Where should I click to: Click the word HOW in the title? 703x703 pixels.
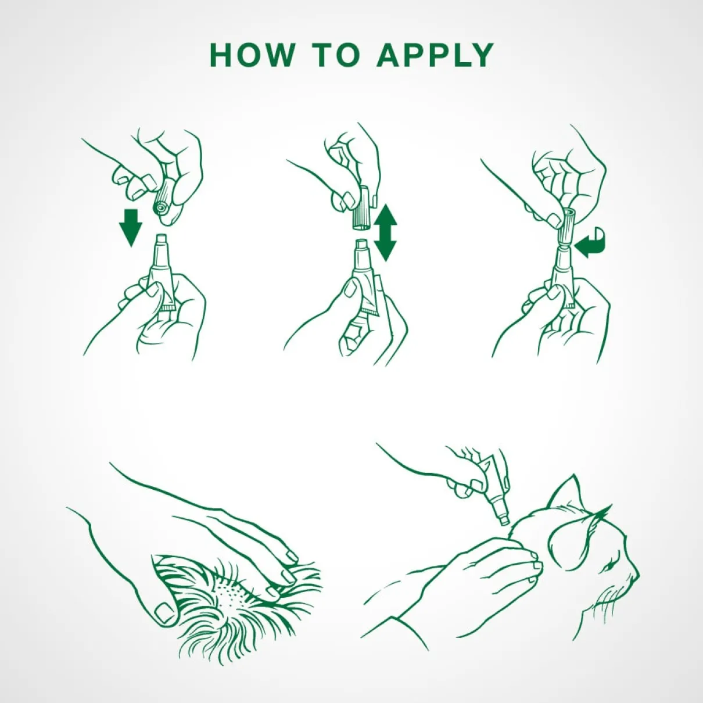pos(252,55)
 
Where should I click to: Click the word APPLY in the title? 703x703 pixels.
pos(436,55)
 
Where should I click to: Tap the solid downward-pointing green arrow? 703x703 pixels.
pos(131,228)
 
